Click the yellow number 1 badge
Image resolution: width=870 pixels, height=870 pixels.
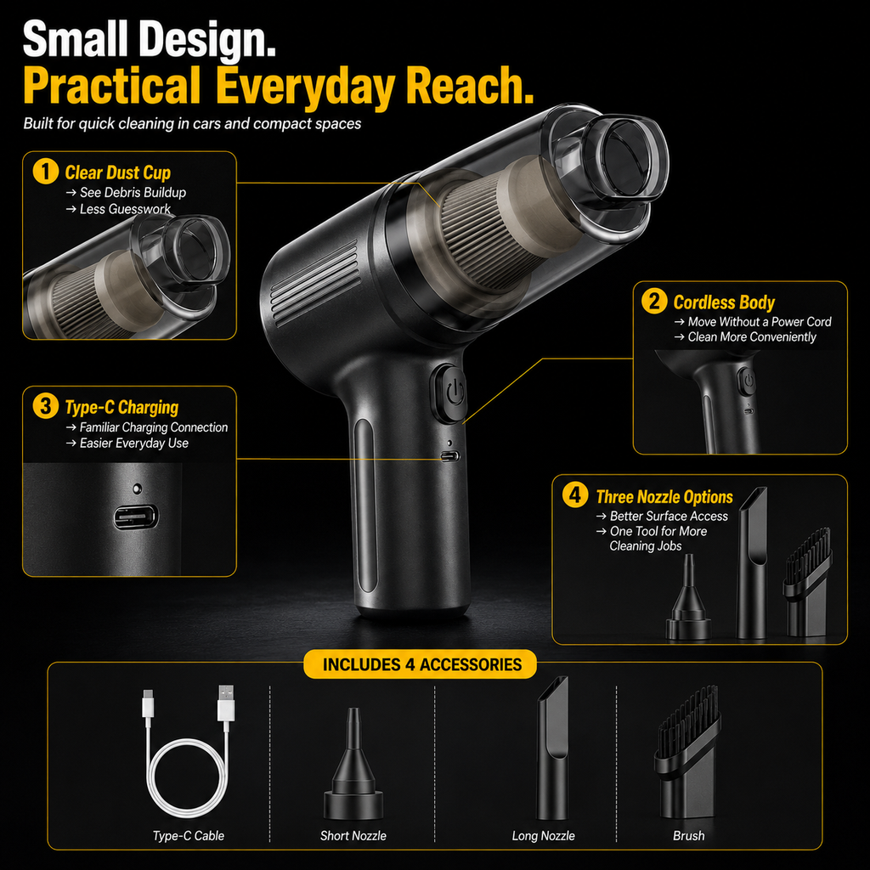46,172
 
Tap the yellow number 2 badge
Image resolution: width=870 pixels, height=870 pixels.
654,302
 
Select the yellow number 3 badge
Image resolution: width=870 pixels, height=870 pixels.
46,406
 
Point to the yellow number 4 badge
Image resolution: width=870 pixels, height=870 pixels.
575,495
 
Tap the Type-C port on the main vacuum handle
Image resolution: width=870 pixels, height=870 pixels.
450,456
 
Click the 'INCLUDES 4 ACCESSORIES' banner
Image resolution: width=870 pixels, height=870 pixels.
421,664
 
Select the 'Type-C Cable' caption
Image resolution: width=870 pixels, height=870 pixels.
189,836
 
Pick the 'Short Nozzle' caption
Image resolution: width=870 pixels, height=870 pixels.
353,836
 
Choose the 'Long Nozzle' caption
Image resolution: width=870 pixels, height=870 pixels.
543,836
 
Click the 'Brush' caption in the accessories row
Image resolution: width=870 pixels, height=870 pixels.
688,836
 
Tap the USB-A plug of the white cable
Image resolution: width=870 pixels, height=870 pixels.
226,703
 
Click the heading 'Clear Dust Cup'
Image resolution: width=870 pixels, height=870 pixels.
117,172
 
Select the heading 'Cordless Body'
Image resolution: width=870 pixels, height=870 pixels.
724,302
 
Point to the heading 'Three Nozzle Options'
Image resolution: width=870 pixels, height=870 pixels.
664,496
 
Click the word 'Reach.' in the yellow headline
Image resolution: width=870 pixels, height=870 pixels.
469,85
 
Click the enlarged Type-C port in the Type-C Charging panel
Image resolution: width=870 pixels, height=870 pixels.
136,517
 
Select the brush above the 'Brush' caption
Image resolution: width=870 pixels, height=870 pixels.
688,752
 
